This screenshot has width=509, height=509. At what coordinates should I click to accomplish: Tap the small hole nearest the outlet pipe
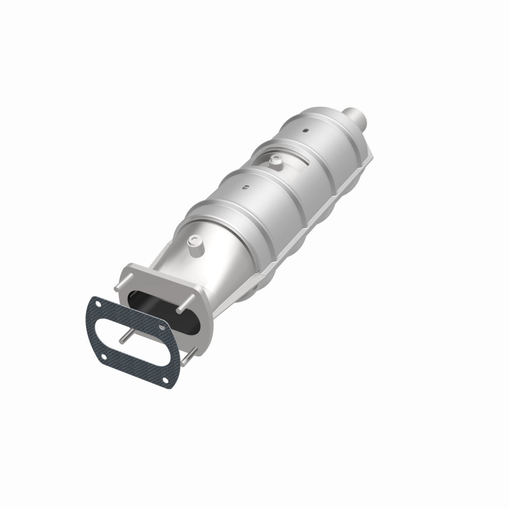[305, 130]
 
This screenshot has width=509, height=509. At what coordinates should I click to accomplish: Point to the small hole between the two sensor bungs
[245, 187]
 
